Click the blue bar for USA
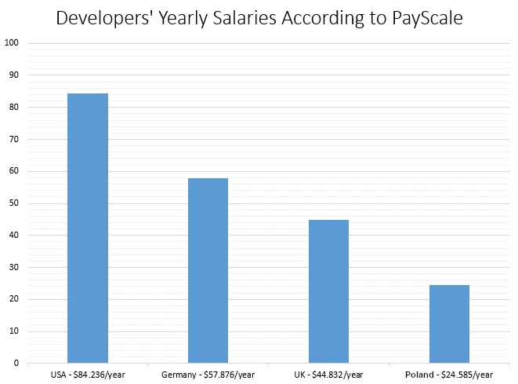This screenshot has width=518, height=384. click(x=88, y=228)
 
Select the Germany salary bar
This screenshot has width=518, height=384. click(x=208, y=270)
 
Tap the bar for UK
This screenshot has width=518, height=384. click(x=328, y=291)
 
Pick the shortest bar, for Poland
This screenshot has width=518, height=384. click(x=449, y=324)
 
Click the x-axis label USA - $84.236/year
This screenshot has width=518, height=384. click(x=88, y=375)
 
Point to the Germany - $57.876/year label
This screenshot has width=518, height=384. click(x=208, y=375)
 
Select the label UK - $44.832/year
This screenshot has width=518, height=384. click(x=328, y=375)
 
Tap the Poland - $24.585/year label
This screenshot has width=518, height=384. click(x=449, y=375)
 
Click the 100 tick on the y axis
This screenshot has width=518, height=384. click(x=12, y=43)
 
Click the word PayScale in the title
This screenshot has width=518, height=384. click(x=423, y=18)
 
